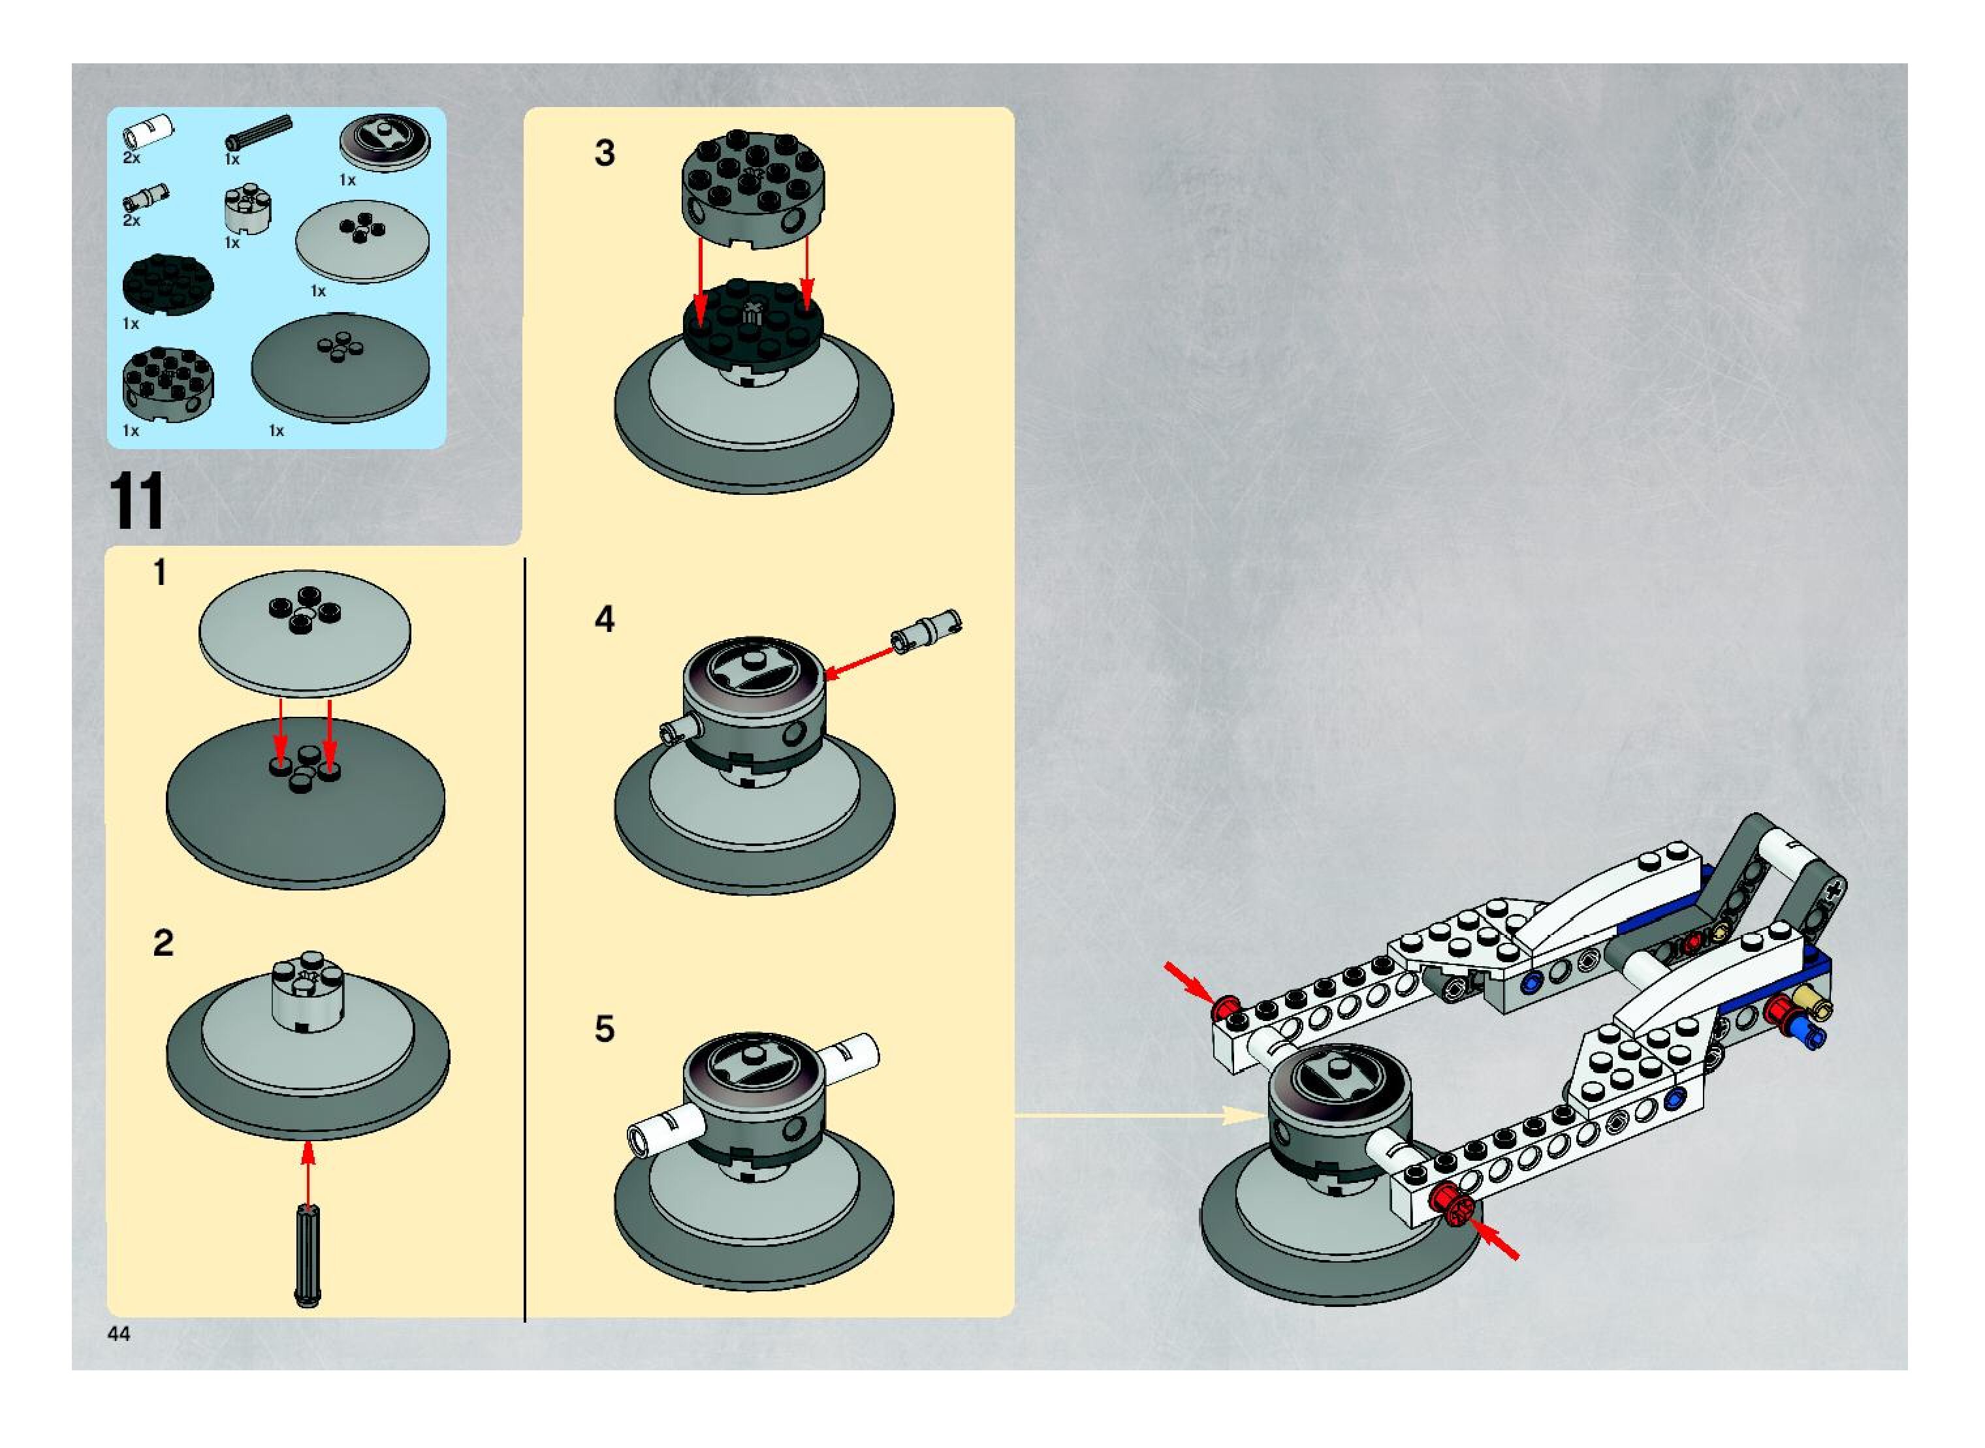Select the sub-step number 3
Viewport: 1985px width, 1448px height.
pos(604,153)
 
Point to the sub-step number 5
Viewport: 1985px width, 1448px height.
pos(604,1029)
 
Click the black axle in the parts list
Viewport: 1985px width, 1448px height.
pos(259,131)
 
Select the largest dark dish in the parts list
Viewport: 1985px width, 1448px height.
pos(340,368)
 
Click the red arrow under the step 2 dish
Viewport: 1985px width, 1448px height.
pos(308,1174)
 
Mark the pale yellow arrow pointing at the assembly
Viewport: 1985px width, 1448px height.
pos(1140,1116)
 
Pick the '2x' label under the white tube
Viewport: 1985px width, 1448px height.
pos(131,159)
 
